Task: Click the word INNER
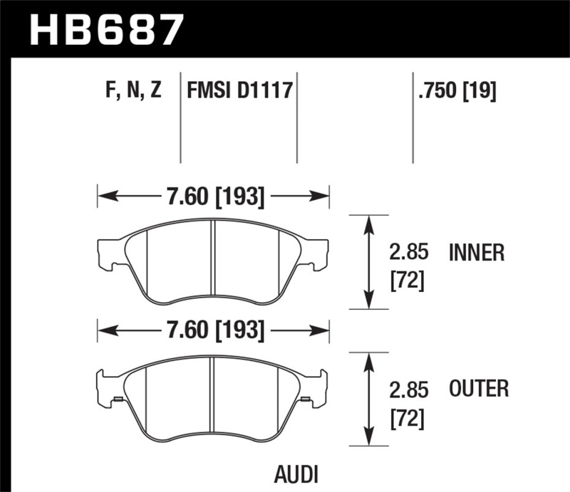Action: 477,253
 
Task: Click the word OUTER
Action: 478,389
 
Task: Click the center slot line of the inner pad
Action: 213,261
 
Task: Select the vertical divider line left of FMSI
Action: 180,117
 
